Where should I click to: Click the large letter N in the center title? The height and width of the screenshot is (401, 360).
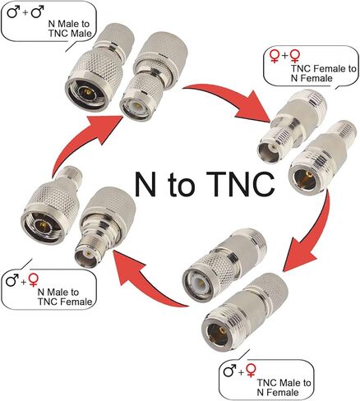point(147,183)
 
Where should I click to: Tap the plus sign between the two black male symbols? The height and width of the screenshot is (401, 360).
point(25,13)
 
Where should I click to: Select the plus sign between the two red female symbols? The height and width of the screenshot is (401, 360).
point(285,56)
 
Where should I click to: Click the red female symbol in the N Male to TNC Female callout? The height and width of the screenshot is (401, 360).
point(34,280)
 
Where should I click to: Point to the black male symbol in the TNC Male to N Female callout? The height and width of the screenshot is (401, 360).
point(229,371)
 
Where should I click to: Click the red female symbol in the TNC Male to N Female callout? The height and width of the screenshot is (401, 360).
point(251,371)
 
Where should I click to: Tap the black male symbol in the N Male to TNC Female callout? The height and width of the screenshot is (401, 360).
point(12,280)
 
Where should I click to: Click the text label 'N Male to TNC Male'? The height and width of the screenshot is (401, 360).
point(70,29)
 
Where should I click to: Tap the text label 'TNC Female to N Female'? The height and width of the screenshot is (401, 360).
point(323,73)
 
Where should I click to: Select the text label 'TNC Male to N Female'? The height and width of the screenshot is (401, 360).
point(284,387)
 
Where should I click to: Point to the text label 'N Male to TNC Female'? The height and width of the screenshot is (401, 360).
point(65,297)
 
